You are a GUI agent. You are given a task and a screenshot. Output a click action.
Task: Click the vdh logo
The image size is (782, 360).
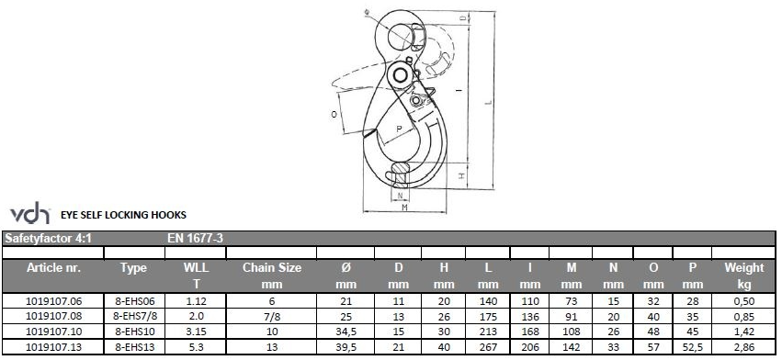tap(30, 214)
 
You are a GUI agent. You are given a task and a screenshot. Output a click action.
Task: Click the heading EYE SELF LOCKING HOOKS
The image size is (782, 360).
tap(123, 215)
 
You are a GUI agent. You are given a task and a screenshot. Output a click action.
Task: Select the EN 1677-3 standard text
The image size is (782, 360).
tap(196, 239)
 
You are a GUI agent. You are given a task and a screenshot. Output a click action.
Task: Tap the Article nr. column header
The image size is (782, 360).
tap(54, 268)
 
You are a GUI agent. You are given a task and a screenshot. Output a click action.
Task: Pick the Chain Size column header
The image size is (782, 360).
tap(272, 276)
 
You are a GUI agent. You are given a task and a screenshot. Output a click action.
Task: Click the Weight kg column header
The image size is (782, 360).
tap(744, 276)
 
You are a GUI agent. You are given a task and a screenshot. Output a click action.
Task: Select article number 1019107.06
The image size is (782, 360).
tap(53, 300)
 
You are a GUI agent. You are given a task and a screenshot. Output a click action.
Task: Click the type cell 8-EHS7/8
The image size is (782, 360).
tap(133, 316)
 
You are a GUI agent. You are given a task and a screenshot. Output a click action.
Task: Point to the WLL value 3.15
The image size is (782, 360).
tap(196, 332)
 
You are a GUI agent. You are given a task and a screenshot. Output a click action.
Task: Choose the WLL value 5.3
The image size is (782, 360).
tap(196, 347)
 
